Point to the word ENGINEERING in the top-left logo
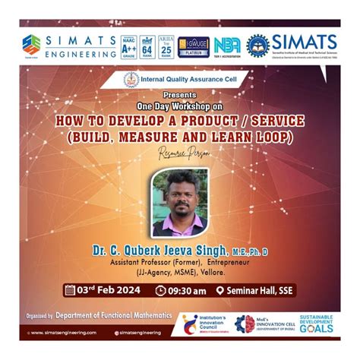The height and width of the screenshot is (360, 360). pyautogui.click(x=81, y=54)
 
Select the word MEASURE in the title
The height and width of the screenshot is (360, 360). pyautogui.click(x=181, y=137)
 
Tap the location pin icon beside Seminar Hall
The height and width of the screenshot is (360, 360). pyautogui.click(x=219, y=290)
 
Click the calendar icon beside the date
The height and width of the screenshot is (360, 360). pyautogui.click(x=70, y=290)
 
